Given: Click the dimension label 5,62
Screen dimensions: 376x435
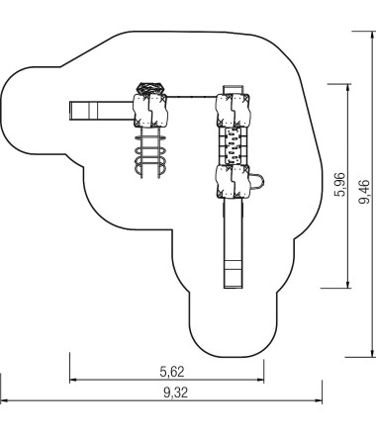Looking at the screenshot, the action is (x=172, y=372).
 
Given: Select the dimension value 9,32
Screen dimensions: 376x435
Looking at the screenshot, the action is (x=176, y=392).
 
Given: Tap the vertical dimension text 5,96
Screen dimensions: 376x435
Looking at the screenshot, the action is (x=340, y=185).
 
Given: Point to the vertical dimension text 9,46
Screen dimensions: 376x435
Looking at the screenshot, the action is (x=364, y=192).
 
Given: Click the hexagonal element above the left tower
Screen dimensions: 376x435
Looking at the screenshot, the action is (x=150, y=88).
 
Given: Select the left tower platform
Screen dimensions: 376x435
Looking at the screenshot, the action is (x=150, y=111).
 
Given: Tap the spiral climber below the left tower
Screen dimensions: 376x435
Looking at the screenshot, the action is (x=150, y=152).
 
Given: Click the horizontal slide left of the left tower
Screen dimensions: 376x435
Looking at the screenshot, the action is (x=101, y=111).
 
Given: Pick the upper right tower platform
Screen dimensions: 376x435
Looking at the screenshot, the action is (x=234, y=110).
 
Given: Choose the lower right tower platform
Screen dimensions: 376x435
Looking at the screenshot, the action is (x=234, y=182).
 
